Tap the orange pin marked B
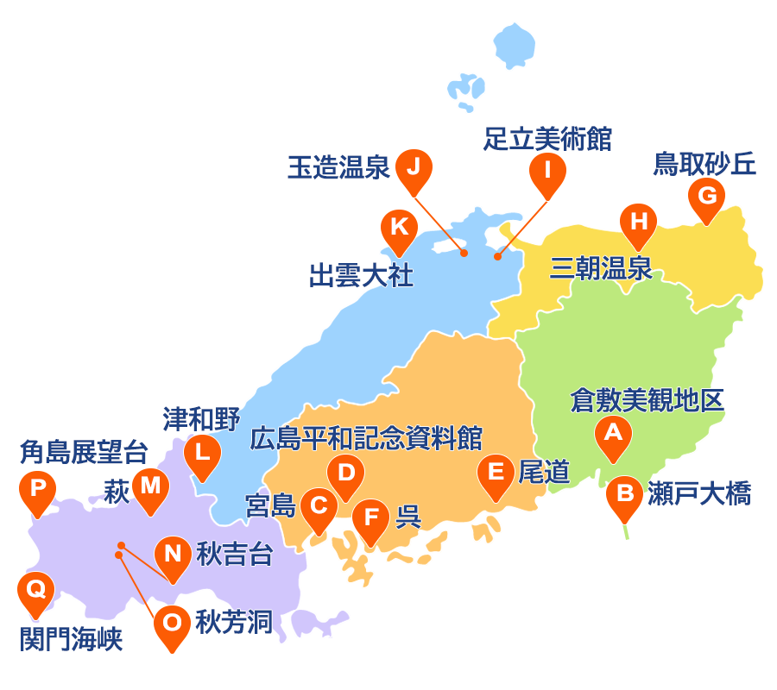click(624, 495)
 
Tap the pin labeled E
click(496, 473)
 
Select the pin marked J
click(414, 166)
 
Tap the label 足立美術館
click(547, 138)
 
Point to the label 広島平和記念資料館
click(366, 437)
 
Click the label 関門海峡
click(71, 639)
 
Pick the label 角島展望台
click(83, 452)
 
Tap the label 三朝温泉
click(601, 268)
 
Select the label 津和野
click(201, 419)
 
